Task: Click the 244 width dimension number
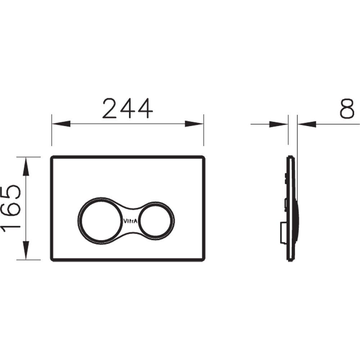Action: coord(128,108)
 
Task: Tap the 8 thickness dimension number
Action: coord(347,109)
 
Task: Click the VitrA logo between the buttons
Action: coord(131,221)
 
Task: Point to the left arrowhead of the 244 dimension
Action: coord(61,124)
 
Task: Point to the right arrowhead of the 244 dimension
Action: coord(194,124)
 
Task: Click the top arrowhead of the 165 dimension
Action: coord(26,166)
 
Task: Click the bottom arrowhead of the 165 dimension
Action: coord(26,251)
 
